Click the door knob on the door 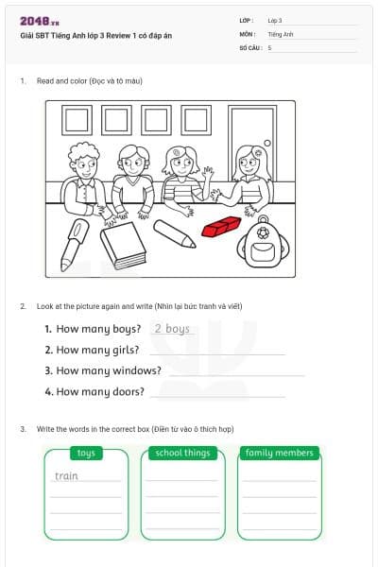coord(269,144)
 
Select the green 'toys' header coord(86,453)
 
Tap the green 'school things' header coord(183,453)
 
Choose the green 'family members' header coord(280,453)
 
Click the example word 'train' coord(66,475)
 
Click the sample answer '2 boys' coord(172,329)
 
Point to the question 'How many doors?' coord(100,391)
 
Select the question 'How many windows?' coord(109,370)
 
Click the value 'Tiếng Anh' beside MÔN coord(281,33)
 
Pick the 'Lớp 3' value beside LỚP coord(275,20)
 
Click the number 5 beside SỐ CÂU coord(269,46)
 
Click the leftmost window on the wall coord(77,119)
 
